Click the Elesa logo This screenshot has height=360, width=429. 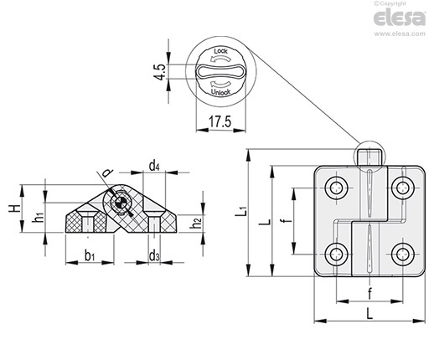399,18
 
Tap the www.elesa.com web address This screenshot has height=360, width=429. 400,33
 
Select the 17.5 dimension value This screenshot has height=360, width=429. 220,121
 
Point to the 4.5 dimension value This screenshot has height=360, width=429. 160,72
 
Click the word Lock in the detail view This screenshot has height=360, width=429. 220,51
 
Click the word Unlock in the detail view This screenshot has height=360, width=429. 220,92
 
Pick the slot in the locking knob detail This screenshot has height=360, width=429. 220,71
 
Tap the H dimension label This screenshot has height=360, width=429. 14,208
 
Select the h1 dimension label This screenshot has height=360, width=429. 38,216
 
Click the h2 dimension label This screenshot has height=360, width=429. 196,223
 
